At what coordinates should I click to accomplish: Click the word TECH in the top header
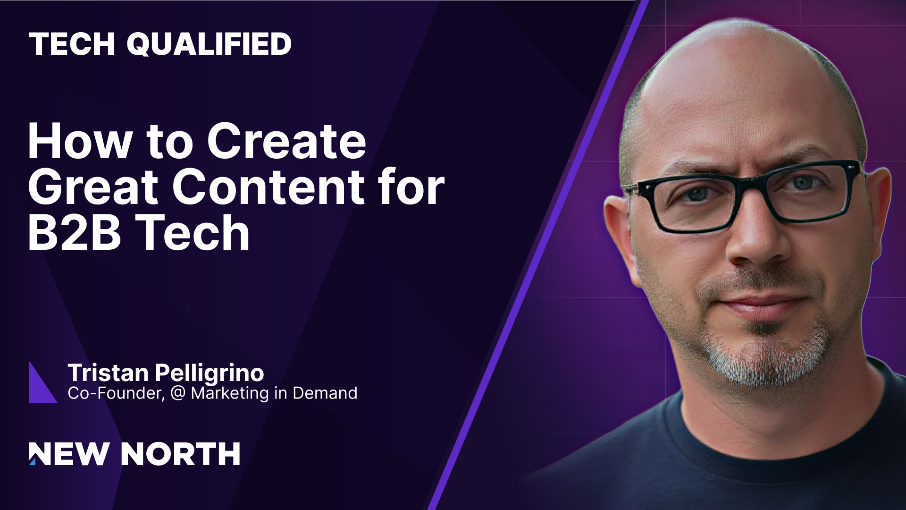(72, 44)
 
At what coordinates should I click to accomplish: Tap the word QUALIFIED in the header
(209, 44)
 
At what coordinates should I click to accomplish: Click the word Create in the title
(286, 141)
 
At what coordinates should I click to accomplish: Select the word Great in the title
(92, 187)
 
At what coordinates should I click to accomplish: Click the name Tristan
(108, 373)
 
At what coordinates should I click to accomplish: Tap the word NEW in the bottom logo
(68, 454)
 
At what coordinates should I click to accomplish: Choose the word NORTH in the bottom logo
(180, 454)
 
